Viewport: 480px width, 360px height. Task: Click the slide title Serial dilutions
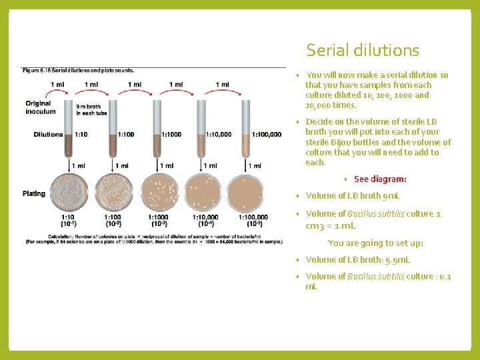tap(363, 51)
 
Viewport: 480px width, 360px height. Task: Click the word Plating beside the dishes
tap(34, 194)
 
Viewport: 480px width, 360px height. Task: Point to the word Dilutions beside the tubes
tap(48, 135)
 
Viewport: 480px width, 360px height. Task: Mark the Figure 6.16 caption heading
tap(78, 71)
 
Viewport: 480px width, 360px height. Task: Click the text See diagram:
tap(380, 179)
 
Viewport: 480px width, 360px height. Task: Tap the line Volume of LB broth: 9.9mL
tap(357, 260)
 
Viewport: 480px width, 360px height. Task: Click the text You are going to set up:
tap(375, 243)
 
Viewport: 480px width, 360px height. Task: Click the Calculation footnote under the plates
tap(153, 239)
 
